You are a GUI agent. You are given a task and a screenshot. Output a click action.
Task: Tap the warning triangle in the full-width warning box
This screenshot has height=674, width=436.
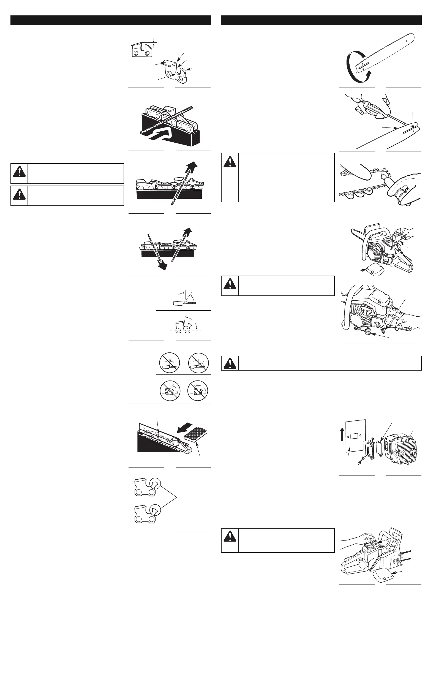click(230, 363)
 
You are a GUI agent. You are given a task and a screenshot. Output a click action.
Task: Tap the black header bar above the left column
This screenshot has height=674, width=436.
click(111, 20)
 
